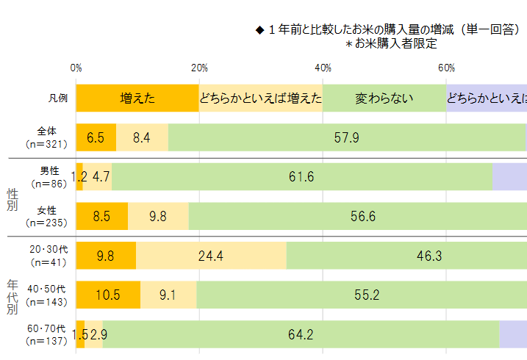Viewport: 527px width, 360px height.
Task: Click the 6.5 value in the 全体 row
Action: click(96, 137)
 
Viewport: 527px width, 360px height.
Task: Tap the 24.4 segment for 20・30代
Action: click(210, 256)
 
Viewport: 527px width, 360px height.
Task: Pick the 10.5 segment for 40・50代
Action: click(107, 295)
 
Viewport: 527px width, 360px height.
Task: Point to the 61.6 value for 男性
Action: click(301, 177)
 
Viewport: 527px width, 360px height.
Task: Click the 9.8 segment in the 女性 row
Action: click(157, 217)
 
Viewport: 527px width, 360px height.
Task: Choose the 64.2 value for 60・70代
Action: click(301, 335)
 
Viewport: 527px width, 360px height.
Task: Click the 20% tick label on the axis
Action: click(199, 68)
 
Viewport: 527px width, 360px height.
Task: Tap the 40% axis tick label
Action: click(323, 68)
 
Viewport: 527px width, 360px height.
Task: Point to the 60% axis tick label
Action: click(446, 68)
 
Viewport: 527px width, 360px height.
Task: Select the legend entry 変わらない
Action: click(384, 98)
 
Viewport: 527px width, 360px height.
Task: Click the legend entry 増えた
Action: click(137, 98)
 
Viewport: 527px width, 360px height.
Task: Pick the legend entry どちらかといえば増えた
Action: click(261, 98)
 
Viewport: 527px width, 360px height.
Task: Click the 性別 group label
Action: click(12, 198)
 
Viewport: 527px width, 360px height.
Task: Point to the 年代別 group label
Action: click(12, 295)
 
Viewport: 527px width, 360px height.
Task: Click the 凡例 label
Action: click(58, 98)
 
